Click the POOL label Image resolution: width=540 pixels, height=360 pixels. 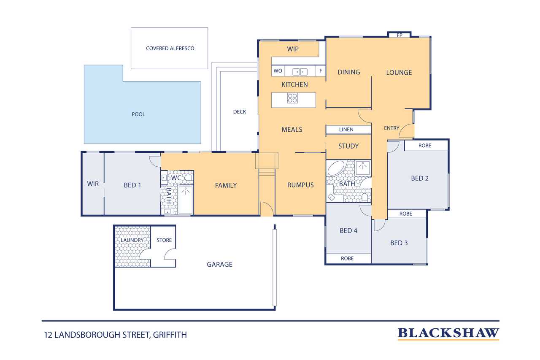(138, 114)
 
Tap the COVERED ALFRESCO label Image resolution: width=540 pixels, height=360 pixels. (170, 49)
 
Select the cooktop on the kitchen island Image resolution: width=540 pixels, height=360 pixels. (292, 98)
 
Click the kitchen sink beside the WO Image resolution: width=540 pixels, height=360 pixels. (300, 72)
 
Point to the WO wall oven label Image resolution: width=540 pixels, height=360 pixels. (278, 71)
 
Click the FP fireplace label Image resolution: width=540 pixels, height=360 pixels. (400, 35)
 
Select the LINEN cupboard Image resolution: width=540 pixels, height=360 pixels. (348, 130)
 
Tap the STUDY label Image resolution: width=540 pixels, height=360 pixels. (348, 146)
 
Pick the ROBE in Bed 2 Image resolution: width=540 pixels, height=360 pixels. (426, 146)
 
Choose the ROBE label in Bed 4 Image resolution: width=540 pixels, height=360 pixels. (347, 258)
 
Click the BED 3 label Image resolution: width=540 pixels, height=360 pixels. (399, 243)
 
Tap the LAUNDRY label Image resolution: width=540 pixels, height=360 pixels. (132, 240)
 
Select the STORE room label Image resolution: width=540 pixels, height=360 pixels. (164, 240)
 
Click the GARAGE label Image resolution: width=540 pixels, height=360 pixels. (220, 265)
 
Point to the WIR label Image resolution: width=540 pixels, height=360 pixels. (93, 184)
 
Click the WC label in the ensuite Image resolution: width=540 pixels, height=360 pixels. (176, 178)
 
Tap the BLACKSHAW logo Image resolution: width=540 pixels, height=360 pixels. (448, 334)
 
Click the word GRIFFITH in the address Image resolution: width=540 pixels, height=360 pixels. (170, 335)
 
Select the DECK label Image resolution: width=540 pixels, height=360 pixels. (240, 112)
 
